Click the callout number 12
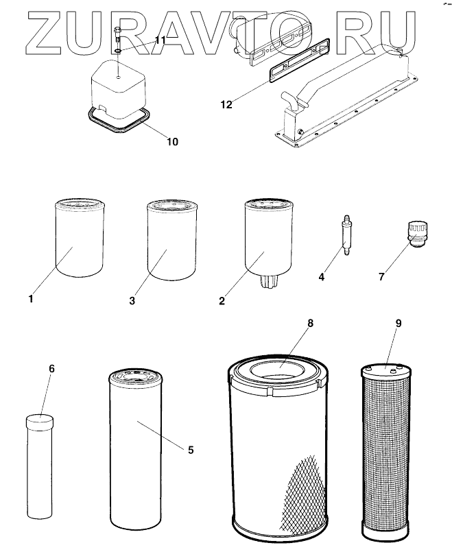(x=226, y=105)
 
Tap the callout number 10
(x=171, y=141)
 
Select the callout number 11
(x=160, y=41)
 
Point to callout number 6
(x=51, y=369)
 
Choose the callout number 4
(x=322, y=278)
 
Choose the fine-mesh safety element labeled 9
(x=388, y=453)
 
